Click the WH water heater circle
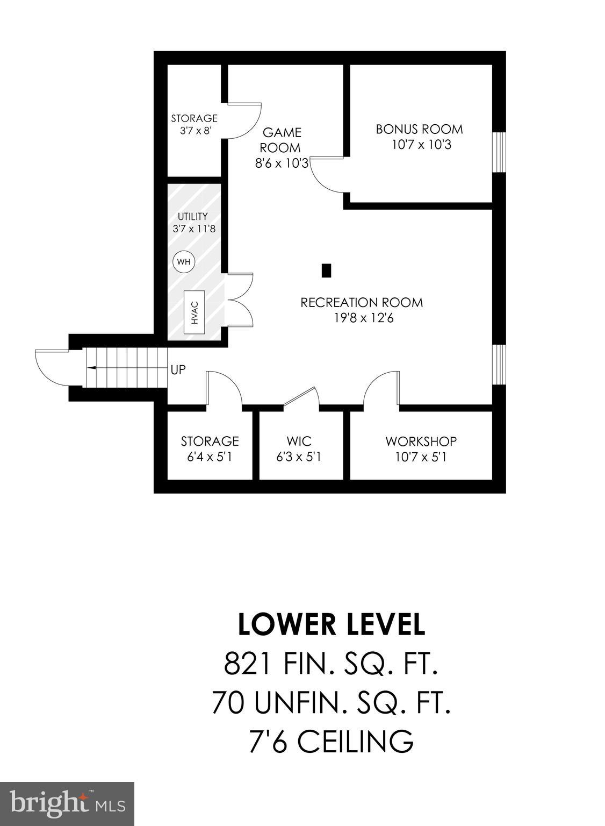[184, 262]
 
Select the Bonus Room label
[419, 129]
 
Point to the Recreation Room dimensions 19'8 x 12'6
[364, 318]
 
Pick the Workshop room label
[421, 442]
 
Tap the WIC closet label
[299, 442]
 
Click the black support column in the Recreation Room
[326, 270]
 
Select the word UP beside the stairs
[178, 370]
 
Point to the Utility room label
[193, 217]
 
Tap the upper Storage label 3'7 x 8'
[194, 124]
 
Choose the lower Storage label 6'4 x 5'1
[210, 448]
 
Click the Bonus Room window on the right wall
[500, 152]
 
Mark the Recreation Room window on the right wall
[500, 364]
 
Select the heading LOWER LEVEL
[332, 624]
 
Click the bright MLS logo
[67, 803]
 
